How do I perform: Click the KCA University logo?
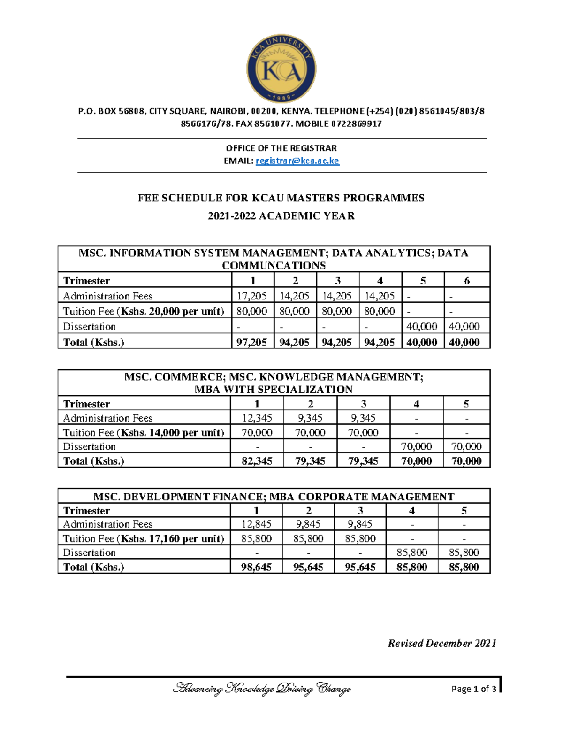click(x=281, y=69)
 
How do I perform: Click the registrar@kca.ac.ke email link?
click(x=297, y=161)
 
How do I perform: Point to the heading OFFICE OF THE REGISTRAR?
click(x=281, y=148)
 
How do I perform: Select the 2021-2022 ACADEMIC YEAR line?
click(x=281, y=216)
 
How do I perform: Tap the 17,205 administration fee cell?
click(x=252, y=296)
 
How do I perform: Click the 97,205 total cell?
click(x=252, y=342)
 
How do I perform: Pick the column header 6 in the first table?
click(x=466, y=281)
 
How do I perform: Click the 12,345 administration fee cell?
click(x=257, y=418)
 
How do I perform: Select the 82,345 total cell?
click(x=257, y=461)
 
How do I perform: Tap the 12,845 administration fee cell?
click(x=256, y=524)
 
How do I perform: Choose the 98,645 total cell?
click(x=256, y=567)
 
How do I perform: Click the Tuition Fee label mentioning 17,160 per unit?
click(x=144, y=538)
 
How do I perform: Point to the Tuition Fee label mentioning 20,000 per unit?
click(x=144, y=311)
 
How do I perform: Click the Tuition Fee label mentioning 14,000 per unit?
click(x=144, y=432)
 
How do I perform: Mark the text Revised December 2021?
click(x=442, y=644)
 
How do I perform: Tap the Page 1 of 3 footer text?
click(x=473, y=689)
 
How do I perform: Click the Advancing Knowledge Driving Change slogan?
click(x=262, y=689)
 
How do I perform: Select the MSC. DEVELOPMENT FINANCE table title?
click(x=274, y=497)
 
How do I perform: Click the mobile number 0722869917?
click(x=356, y=124)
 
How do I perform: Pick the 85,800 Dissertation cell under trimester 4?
click(x=411, y=553)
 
